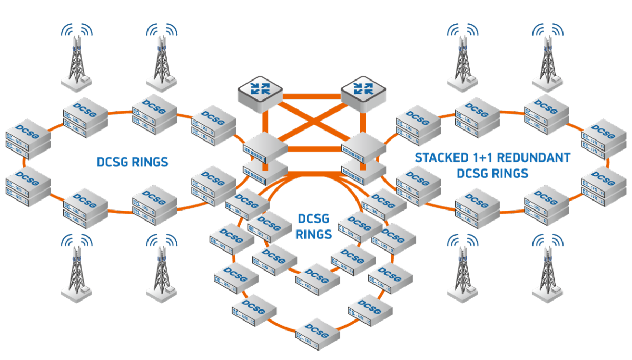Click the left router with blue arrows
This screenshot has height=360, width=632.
point(260,91)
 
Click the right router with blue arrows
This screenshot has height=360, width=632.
point(363,91)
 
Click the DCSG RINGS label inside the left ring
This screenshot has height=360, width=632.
point(132,162)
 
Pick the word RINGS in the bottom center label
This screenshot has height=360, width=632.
point(313,234)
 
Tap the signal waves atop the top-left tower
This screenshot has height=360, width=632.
point(77,30)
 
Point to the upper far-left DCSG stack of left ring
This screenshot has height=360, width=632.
point(27,139)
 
